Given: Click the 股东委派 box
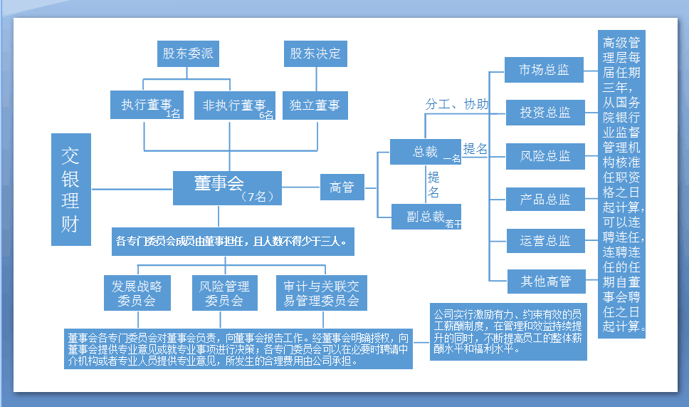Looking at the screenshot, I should tap(187, 54).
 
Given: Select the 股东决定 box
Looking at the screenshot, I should tap(315, 54).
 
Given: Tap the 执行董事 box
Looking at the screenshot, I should tap(147, 105).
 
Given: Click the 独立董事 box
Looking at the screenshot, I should tap(315, 105).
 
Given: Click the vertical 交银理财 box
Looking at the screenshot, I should tap(70, 189).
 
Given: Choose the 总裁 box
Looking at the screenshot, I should tap(426, 152).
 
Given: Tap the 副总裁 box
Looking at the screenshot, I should tap(426, 217).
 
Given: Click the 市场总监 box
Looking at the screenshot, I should tap(544, 71).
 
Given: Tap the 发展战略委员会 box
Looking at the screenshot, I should tap(137, 293).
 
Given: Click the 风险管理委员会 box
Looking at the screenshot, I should tap(224, 293).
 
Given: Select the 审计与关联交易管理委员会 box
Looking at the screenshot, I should tap(321, 293).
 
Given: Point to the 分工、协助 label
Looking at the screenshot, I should tap(457, 104).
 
